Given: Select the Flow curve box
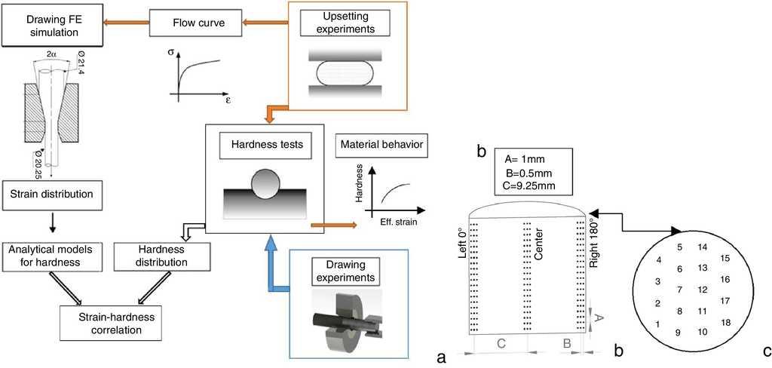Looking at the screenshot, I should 188,21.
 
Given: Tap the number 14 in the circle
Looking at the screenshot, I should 703,247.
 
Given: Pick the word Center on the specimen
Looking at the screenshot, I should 538,246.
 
